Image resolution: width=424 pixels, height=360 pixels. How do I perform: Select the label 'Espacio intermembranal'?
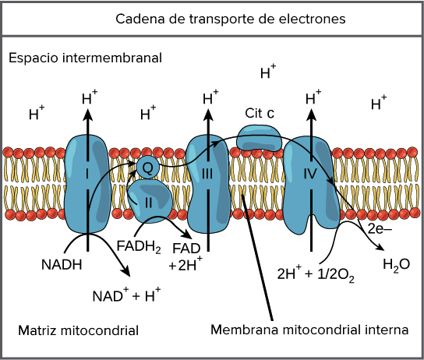[85, 58]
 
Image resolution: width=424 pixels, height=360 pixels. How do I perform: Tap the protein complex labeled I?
[87, 184]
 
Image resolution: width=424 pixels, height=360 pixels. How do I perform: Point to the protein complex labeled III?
[208, 184]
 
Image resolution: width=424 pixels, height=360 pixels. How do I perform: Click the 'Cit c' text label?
[260, 113]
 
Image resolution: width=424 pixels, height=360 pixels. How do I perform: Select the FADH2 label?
[138, 248]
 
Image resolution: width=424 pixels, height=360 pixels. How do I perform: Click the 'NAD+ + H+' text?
[126, 295]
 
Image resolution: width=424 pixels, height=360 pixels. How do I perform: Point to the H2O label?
[396, 265]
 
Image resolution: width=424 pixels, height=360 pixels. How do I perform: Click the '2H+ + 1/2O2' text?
[316, 274]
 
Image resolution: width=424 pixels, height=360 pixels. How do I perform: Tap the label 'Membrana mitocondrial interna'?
[309, 330]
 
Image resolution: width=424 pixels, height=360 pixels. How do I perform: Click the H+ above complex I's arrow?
[90, 99]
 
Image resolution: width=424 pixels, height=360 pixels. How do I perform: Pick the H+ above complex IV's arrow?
[313, 99]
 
